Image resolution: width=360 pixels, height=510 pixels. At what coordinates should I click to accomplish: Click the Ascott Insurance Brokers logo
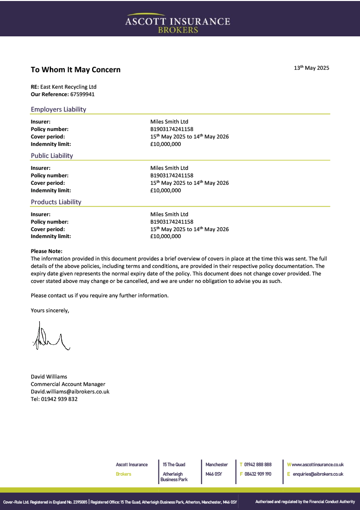(178, 22)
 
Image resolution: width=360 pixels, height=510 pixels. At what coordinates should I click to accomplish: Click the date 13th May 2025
(311, 68)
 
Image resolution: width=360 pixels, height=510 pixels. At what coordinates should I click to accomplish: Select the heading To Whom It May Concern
(76, 70)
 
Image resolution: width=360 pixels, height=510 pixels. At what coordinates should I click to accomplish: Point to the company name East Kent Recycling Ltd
(68, 87)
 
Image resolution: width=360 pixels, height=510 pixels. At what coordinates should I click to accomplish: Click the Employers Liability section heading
(58, 109)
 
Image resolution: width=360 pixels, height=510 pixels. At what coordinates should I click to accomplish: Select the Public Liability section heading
(52, 155)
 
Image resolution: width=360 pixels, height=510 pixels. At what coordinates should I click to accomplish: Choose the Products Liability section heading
(56, 202)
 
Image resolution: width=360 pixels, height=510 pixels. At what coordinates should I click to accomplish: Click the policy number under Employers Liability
(172, 129)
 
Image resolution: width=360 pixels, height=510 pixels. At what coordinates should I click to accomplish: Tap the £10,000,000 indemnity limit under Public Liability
(165, 190)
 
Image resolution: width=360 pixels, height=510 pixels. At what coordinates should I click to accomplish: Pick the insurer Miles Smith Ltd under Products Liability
(169, 214)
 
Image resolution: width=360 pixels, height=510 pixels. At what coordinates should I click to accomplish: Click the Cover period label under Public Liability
(48, 183)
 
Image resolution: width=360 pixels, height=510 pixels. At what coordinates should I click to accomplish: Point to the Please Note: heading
(47, 252)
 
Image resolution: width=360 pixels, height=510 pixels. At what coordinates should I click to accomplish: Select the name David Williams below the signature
(49, 377)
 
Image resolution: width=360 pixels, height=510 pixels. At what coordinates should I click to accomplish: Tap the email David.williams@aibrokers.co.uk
(70, 391)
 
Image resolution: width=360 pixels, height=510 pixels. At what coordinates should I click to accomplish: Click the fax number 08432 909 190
(257, 474)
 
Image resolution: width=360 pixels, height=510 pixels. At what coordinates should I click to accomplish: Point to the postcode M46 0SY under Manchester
(214, 474)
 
